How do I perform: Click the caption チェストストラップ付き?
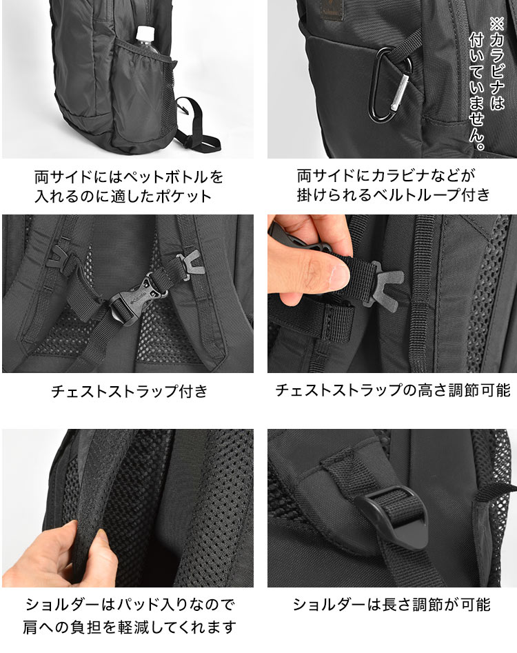(x=129, y=392)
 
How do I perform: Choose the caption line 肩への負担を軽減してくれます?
(x=129, y=627)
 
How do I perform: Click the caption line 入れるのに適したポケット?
(x=129, y=196)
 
